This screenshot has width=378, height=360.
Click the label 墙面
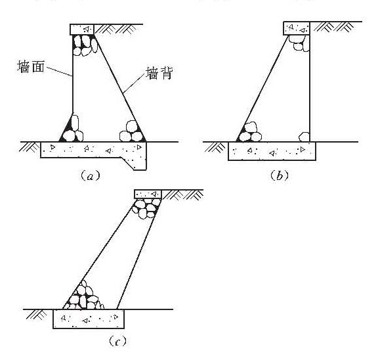pos(31,66)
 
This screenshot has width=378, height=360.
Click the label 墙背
pos(159,73)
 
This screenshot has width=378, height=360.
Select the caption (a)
pos(90,176)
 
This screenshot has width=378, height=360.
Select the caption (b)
pos(279,175)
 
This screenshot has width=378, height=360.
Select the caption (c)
pos(117,341)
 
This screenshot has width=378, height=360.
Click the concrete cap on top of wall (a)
pos(82,30)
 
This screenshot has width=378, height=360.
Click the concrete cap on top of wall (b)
pos(297,28)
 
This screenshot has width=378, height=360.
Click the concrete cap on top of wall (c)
pos(148,194)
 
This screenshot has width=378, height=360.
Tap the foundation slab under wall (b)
pos(272,151)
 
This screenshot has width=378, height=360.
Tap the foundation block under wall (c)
pos(89,319)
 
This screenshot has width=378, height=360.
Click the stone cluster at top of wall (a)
pos(85,45)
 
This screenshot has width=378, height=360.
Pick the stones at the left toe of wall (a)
pos(72,130)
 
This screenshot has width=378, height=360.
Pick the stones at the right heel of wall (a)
pos(133,132)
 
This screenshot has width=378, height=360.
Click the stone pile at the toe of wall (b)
pos(249,132)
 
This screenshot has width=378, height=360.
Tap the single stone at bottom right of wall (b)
pos(304,137)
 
